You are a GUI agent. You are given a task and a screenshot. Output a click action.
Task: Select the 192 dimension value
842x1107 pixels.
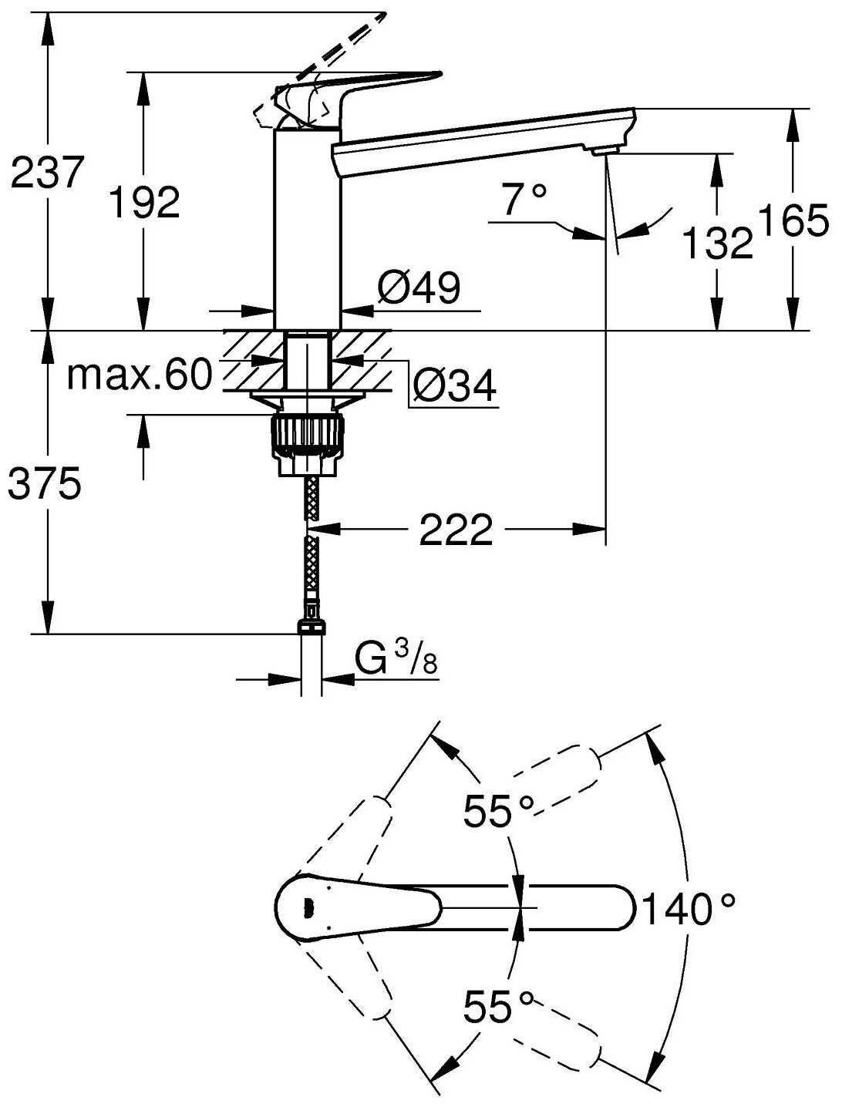144,203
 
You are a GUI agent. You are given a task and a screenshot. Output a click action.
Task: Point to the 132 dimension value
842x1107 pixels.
717,244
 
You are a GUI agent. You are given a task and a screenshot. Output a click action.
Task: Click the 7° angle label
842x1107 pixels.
525,200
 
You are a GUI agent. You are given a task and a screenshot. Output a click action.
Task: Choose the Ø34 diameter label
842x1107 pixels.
453,385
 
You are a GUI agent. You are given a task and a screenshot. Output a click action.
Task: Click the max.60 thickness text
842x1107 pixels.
139,375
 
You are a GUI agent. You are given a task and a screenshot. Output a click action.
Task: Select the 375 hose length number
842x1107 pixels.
44,485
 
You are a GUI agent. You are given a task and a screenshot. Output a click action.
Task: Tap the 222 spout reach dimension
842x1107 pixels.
456,530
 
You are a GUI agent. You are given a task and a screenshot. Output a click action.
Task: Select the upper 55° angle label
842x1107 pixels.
498,812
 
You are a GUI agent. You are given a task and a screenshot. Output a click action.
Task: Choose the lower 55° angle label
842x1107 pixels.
498,1006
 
